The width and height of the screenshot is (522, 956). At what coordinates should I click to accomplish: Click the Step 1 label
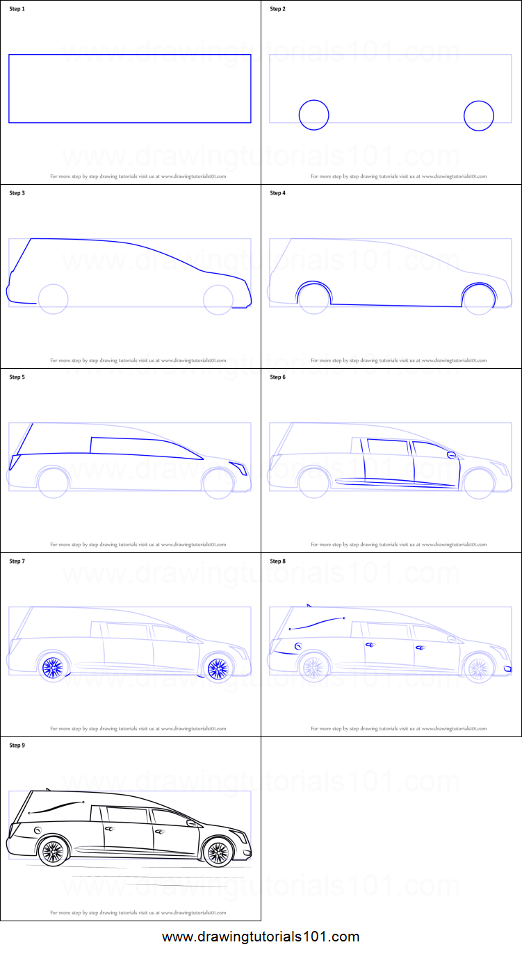click(x=16, y=9)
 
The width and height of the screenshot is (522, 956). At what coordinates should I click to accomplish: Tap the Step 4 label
click(x=277, y=193)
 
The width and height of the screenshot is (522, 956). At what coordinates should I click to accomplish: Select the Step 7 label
click(x=17, y=561)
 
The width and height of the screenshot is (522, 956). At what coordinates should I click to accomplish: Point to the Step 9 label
click(x=17, y=745)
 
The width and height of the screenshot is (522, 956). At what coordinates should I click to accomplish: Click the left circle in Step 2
click(x=313, y=115)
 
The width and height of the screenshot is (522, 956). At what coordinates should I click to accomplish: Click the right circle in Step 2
click(x=479, y=115)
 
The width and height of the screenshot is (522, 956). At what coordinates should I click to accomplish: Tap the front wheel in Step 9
click(x=218, y=852)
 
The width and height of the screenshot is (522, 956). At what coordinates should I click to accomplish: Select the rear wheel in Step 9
click(x=53, y=852)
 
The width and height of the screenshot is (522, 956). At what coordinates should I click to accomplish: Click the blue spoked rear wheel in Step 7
click(x=53, y=668)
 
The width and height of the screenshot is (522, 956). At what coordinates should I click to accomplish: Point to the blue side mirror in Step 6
click(x=452, y=455)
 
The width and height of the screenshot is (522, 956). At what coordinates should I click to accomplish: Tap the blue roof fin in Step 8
click(x=309, y=606)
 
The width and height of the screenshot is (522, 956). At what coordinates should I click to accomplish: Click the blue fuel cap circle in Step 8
click(x=298, y=647)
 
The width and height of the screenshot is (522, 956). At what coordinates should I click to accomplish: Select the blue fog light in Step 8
click(x=507, y=668)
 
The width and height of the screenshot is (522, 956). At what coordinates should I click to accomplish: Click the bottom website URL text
click(x=261, y=937)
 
